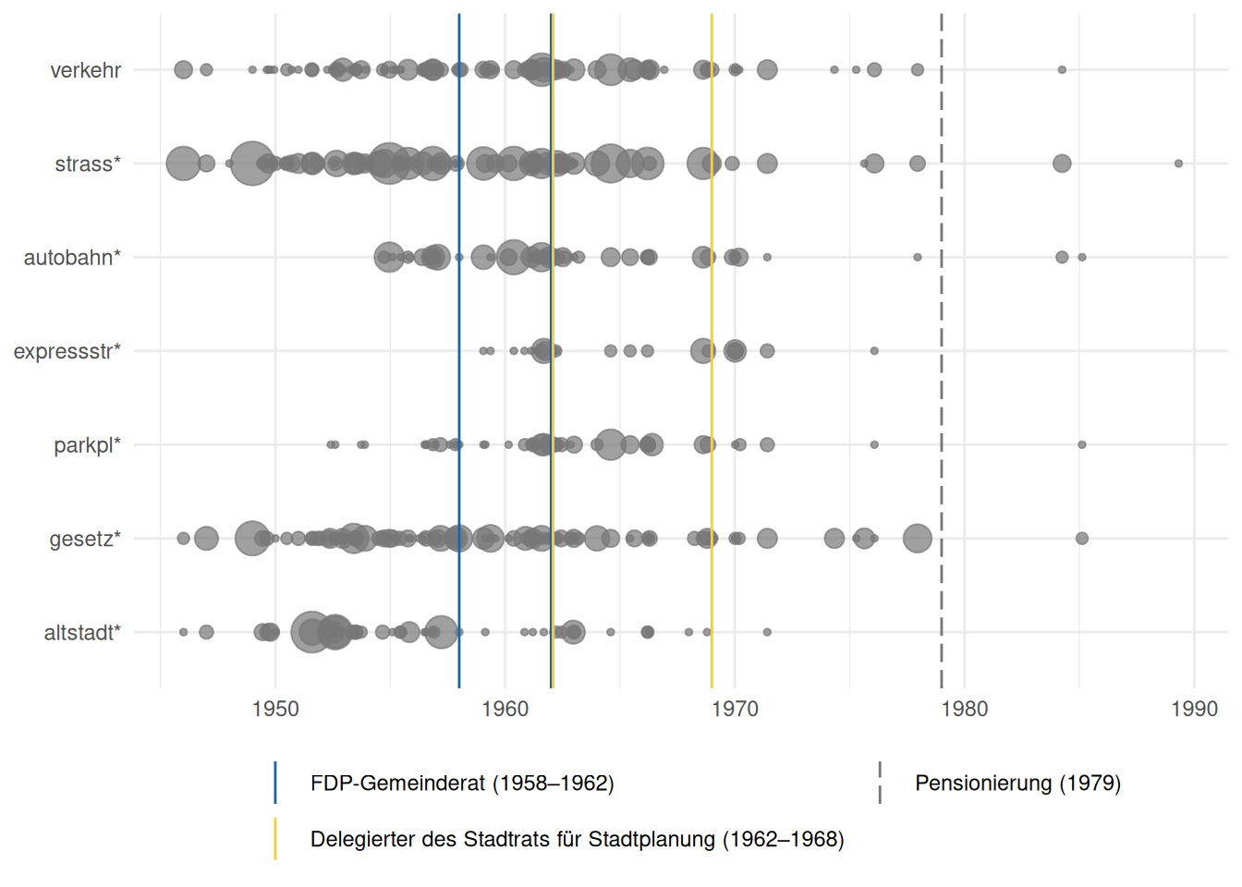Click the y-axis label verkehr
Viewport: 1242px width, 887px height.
pyautogui.click(x=85, y=70)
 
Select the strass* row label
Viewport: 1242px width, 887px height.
pyautogui.click(x=88, y=164)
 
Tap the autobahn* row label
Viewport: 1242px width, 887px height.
pyautogui.click(x=72, y=258)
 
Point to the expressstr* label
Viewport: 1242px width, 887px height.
pyautogui.click(x=67, y=351)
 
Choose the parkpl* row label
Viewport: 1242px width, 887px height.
pyautogui.click(x=87, y=445)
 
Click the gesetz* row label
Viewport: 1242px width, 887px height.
pyautogui.click(x=85, y=539)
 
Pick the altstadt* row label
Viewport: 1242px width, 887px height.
pyautogui.click(x=82, y=633)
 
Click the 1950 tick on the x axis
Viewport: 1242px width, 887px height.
pyautogui.click(x=275, y=709)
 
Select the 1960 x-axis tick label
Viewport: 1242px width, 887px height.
pyautogui.click(x=505, y=709)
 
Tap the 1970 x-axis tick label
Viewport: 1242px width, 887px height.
pyautogui.click(x=735, y=709)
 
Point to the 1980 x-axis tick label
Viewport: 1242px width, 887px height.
pyautogui.click(x=964, y=709)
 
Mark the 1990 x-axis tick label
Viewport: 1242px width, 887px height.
pyautogui.click(x=1194, y=709)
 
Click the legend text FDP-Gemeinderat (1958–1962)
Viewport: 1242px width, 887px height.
pyautogui.click(x=462, y=784)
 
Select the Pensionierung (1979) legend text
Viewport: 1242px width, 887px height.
pyautogui.click(x=1017, y=784)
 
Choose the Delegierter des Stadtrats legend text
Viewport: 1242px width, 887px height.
pyautogui.click(x=577, y=839)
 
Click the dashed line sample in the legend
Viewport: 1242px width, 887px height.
pyautogui.click(x=880, y=783)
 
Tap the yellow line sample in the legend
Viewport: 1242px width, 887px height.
pyautogui.click(x=275, y=839)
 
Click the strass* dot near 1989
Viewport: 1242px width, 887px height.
pyautogui.click(x=1178, y=164)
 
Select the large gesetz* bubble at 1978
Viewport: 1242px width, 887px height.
pyautogui.click(x=917, y=538)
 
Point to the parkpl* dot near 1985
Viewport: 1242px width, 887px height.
pyautogui.click(x=1081, y=444)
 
